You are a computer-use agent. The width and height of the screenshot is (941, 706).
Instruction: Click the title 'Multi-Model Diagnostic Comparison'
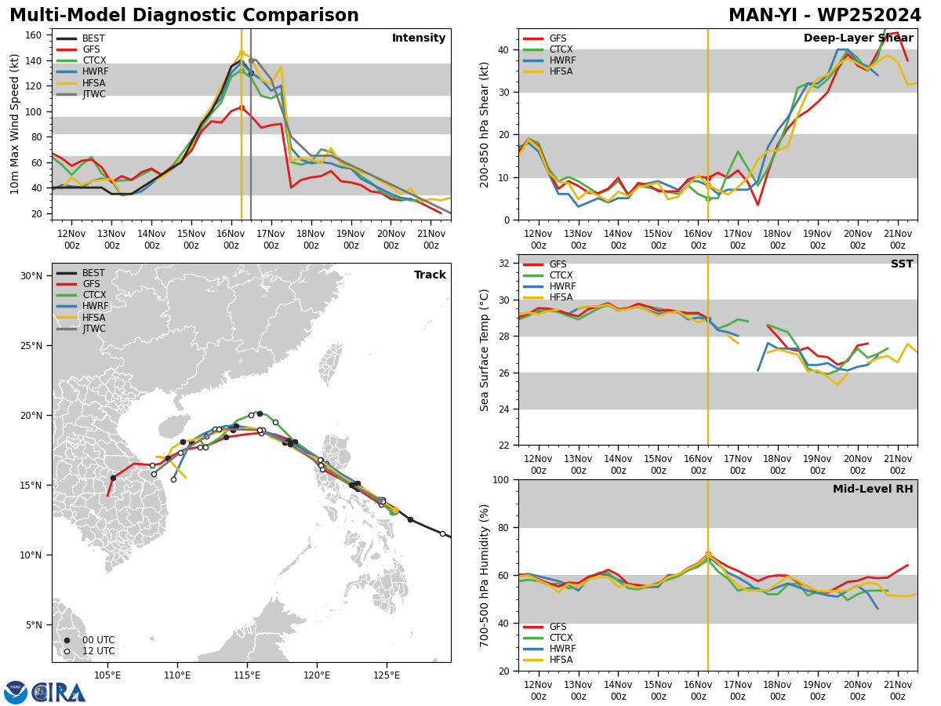click(x=184, y=16)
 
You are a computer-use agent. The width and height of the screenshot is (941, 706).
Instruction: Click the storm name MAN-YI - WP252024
click(x=824, y=16)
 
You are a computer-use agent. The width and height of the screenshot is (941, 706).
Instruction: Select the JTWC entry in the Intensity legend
click(x=81, y=94)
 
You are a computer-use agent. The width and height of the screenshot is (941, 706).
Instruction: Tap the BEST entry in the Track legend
click(x=81, y=273)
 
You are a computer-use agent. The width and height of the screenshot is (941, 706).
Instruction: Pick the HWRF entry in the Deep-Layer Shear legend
click(x=550, y=60)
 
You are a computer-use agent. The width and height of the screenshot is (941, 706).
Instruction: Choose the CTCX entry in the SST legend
click(x=548, y=275)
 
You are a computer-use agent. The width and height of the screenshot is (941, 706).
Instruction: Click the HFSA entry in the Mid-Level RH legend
click(x=548, y=660)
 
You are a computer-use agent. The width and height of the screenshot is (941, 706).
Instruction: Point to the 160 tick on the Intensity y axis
click(x=33, y=35)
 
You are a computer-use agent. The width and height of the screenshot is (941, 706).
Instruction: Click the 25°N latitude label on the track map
click(x=31, y=346)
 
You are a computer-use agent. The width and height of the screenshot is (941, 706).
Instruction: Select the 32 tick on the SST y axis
click(x=504, y=264)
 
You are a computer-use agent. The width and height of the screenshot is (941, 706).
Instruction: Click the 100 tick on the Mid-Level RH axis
click(x=502, y=479)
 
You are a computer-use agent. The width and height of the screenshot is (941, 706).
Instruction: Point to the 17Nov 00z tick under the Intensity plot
click(x=271, y=239)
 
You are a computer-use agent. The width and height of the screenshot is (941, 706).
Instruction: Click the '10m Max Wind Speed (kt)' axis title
click(x=15, y=124)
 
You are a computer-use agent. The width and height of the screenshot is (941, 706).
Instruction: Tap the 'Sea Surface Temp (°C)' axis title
click(x=484, y=351)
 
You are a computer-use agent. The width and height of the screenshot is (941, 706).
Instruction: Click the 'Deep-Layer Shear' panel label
click(x=858, y=38)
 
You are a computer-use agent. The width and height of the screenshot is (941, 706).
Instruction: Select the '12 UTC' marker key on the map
click(x=90, y=651)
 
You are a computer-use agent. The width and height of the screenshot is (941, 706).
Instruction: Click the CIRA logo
click(x=45, y=693)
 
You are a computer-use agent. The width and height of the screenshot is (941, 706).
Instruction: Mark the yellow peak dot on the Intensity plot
click(x=242, y=53)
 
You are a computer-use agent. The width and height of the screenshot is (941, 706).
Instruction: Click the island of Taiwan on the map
click(x=330, y=364)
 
